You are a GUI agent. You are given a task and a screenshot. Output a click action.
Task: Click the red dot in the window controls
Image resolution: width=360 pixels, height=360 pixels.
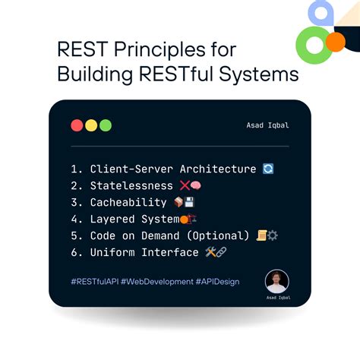coord(77,125)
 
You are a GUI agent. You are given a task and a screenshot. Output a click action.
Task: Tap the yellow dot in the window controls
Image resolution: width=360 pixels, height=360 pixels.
coord(91,125)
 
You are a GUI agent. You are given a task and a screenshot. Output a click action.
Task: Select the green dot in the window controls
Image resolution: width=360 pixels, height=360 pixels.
coord(105,125)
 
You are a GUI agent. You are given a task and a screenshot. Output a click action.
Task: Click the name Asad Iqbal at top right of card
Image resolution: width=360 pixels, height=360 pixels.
coord(268,126)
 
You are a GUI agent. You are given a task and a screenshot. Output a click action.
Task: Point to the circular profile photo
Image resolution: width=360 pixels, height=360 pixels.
coord(276,282)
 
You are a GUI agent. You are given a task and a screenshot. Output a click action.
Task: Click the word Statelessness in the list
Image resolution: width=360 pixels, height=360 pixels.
coord(132,185)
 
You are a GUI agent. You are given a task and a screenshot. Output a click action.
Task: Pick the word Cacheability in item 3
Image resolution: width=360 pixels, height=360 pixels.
coord(128,202)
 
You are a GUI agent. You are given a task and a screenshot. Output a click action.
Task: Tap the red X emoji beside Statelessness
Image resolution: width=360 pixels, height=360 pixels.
coord(185,185)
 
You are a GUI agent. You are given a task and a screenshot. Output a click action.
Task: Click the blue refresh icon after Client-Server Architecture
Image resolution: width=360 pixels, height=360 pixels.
coord(267,169)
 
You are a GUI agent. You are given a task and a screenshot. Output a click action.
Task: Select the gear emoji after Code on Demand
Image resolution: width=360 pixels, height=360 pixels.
coord(272,235)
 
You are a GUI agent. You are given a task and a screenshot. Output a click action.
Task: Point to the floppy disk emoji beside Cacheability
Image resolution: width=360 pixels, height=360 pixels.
coord(189,202)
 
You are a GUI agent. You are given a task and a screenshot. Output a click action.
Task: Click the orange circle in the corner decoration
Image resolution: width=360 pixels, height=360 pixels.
coord(335,41)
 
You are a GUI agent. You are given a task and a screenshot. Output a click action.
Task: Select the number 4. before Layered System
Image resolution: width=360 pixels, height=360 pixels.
coord(75,219)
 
